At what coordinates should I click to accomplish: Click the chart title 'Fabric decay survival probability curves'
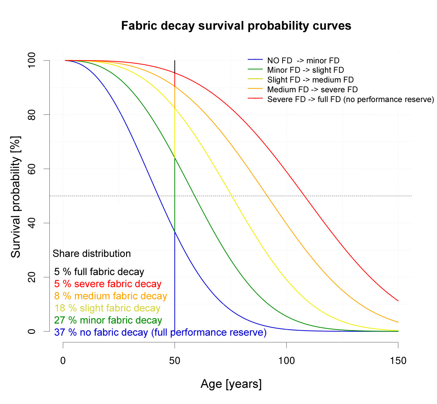[x=236, y=26]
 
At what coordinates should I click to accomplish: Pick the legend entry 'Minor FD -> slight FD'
[x=306, y=70]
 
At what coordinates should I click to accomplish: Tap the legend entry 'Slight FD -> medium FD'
[x=310, y=80]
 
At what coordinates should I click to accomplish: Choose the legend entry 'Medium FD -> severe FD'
[x=312, y=90]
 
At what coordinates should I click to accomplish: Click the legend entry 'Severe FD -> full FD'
[x=351, y=99]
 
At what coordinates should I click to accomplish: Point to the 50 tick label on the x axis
[x=175, y=361]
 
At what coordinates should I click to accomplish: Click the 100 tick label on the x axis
[x=286, y=361]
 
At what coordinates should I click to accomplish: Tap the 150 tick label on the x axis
[x=398, y=361]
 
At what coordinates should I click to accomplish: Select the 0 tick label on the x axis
[x=63, y=361]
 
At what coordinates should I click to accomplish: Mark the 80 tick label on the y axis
[x=32, y=115]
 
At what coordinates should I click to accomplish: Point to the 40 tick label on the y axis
[x=32, y=223]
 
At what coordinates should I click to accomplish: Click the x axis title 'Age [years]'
[x=231, y=384]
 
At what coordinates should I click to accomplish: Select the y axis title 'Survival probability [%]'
[x=16, y=197]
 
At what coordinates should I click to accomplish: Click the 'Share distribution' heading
[x=92, y=254]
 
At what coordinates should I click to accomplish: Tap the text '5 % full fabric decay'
[x=99, y=272]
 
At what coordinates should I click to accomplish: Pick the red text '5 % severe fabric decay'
[x=108, y=284]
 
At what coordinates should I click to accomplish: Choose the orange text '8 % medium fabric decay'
[x=111, y=296]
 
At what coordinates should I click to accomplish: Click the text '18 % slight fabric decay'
[x=107, y=308]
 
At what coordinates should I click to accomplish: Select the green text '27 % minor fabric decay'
[x=108, y=320]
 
